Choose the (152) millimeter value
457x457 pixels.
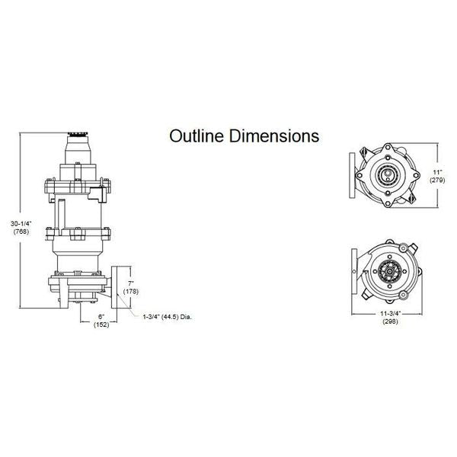tap(100, 324)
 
